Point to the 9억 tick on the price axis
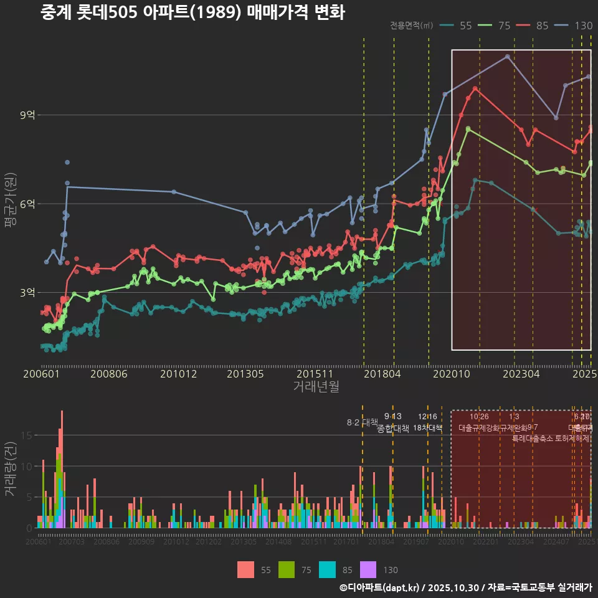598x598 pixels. point(28,115)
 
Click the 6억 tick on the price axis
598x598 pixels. point(28,204)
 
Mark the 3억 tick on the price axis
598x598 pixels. point(28,293)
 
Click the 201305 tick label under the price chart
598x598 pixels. point(244,374)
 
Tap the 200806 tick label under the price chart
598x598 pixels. point(109,374)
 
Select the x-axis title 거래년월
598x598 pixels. point(316,386)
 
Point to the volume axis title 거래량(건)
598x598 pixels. point(11,469)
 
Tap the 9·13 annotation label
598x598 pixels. point(392,416)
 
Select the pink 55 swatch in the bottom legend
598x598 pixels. point(245,569)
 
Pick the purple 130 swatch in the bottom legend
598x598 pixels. point(369,569)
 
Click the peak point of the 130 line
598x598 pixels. point(508,56)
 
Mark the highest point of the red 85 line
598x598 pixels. point(475,88)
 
